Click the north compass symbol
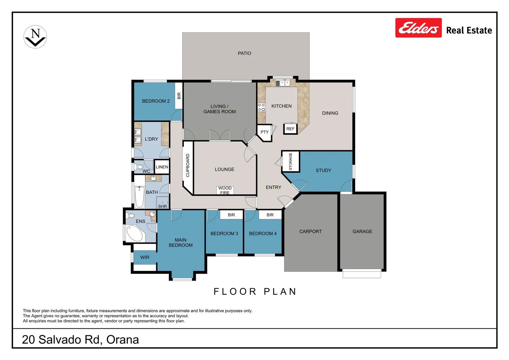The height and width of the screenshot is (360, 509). (35, 37)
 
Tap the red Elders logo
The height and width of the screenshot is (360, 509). (418, 28)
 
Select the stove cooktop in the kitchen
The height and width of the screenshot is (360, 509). (261, 107)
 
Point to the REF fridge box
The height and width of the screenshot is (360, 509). (290, 129)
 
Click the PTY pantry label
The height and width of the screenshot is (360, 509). (264, 132)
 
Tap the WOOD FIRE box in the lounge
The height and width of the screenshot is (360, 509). (225, 190)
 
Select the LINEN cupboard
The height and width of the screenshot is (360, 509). (162, 167)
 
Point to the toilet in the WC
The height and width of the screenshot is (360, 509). (138, 167)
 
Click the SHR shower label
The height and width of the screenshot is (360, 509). (162, 206)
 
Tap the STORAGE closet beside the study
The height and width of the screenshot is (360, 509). (290, 161)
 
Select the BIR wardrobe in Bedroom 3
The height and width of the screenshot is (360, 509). (231, 215)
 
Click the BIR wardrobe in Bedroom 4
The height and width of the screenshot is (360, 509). (270, 215)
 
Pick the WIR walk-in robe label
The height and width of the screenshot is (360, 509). (145, 257)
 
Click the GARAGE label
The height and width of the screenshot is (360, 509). (362, 231)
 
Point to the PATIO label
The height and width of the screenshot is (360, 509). (245, 53)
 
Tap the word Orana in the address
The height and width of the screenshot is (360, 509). (123, 340)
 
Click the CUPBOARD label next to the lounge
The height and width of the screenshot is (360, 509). (188, 165)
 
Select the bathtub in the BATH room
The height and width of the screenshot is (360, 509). (139, 197)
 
